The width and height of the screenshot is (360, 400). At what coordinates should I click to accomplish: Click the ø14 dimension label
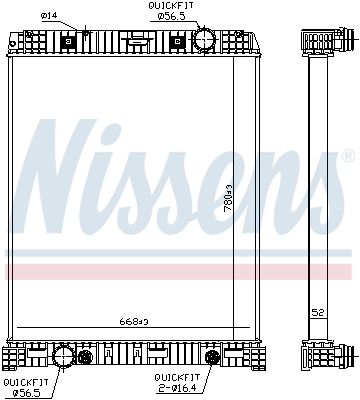coord(49,15)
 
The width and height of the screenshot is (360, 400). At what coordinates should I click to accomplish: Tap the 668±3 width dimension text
coord(133,322)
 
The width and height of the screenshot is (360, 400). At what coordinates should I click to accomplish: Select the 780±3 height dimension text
coord(228,198)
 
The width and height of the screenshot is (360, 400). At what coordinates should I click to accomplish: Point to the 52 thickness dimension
coord(318,313)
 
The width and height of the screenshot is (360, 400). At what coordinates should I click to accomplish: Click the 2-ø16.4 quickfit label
coord(177,388)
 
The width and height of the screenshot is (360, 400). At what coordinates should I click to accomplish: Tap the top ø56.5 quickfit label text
coord(171,16)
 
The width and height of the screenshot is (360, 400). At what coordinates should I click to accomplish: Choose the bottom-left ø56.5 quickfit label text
coord(27,393)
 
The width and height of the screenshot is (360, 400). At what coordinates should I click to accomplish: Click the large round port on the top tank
coord(203,40)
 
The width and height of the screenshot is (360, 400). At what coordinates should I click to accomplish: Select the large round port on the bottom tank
coord(63,356)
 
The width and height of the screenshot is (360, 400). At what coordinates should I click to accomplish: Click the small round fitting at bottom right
coord(212,357)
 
